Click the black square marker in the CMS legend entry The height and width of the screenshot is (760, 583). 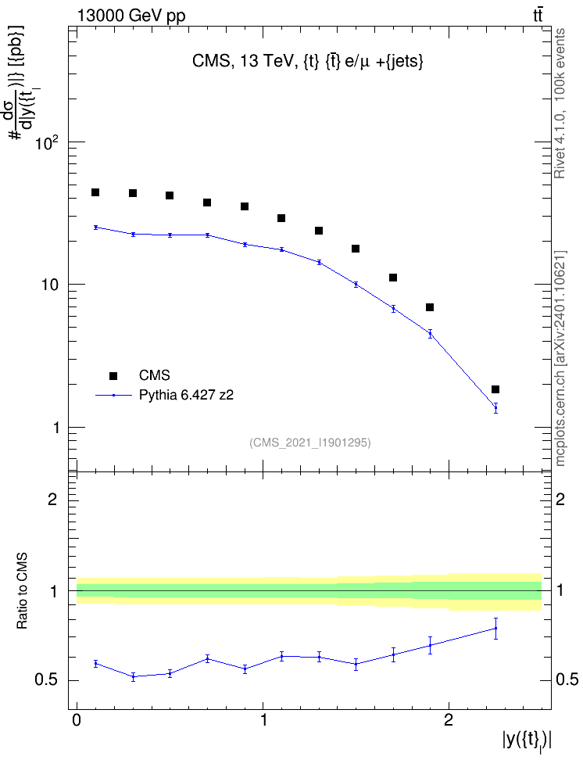coord(113,375)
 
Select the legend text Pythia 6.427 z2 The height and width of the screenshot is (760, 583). coord(186,395)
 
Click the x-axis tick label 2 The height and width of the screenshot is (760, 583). coord(449,720)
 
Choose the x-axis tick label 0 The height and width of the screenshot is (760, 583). coord(77,720)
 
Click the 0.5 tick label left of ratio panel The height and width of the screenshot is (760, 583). coord(46,680)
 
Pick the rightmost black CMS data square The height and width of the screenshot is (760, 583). coord(495,389)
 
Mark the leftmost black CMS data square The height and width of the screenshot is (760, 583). coord(95,192)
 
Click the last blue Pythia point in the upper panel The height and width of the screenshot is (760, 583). coord(495,408)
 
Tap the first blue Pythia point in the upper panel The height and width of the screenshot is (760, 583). coord(95,228)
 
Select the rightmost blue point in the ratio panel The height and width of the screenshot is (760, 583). coord(495,628)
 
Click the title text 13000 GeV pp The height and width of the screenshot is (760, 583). coord(131,16)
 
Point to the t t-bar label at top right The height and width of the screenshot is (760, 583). coord(538,16)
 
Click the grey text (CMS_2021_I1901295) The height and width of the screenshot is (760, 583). coord(310,443)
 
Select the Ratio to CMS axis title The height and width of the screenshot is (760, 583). coord(22,591)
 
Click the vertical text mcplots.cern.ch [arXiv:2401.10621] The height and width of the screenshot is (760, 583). coord(560,358)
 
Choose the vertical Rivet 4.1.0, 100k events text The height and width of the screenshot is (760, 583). coord(560,103)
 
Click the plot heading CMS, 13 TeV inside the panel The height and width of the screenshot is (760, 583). coord(242,62)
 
